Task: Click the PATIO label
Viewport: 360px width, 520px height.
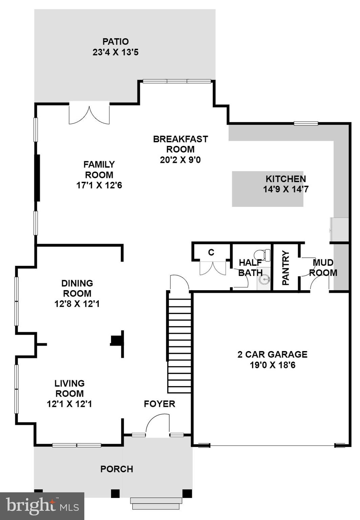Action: [x=115, y=42]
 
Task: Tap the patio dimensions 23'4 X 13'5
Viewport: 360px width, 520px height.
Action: [x=115, y=52]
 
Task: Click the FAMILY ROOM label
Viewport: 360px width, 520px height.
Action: [x=99, y=170]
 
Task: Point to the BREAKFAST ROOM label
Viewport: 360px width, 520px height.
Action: [x=180, y=144]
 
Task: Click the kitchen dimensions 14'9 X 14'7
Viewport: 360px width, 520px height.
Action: [x=285, y=189]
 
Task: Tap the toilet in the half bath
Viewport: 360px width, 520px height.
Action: [x=262, y=255]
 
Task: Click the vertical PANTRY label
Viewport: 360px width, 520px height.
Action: [x=285, y=268]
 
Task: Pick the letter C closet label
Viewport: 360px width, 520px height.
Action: [x=211, y=252]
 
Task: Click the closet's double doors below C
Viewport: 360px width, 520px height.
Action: [x=213, y=268]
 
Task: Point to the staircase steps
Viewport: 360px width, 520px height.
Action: [x=179, y=345]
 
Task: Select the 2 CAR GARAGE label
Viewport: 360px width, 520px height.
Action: [x=272, y=354]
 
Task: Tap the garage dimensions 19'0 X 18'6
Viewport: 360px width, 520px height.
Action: [x=272, y=365]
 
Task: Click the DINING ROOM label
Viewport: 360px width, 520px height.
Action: [x=77, y=288]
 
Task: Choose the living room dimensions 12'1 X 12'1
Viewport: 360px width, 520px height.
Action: [x=69, y=404]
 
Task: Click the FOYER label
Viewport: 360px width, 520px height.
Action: [x=159, y=404]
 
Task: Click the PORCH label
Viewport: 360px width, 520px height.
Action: [x=117, y=469]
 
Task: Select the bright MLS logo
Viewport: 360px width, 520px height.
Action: [x=42, y=506]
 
